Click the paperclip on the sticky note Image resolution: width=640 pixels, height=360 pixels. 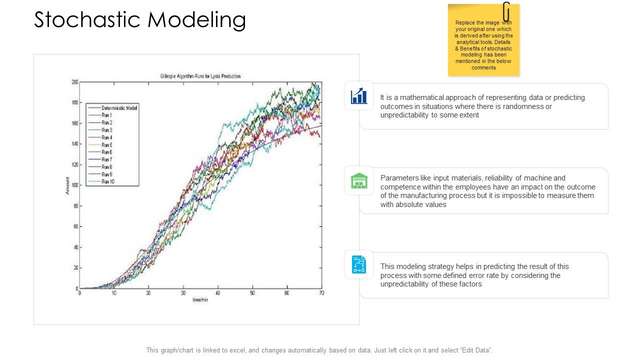[506, 11]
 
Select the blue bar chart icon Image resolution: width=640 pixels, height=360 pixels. [359, 95]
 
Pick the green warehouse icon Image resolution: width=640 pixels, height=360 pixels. [359, 180]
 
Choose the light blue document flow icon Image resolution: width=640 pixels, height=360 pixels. [359, 264]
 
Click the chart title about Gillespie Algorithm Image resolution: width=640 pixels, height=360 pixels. [200, 76]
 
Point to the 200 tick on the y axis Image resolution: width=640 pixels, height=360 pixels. [74, 81]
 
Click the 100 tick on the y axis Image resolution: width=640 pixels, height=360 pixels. [74, 185]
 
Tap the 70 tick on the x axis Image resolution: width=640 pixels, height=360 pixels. [321, 293]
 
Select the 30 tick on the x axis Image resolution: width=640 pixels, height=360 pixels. [183, 293]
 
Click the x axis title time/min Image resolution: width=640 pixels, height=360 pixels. [200, 299]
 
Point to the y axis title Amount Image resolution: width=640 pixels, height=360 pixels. [67, 185]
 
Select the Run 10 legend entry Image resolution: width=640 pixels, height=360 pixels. [108, 181]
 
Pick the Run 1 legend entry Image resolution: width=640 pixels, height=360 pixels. [107, 115]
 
